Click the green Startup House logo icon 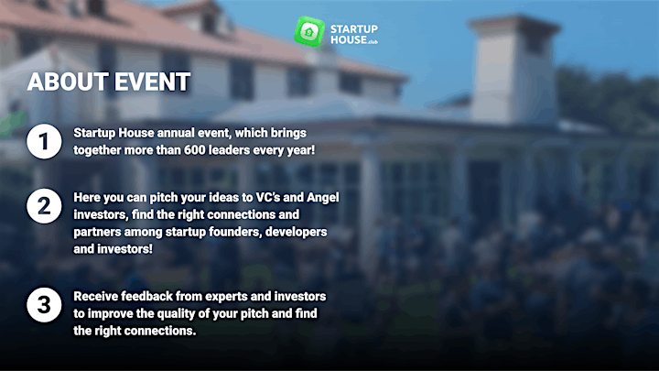click(309, 31)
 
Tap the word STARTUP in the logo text click(354, 29)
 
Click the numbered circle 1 click(44, 141)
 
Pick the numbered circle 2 click(44, 206)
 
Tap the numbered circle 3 click(44, 305)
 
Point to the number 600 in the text click(195, 150)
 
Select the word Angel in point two click(323, 198)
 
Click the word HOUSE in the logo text click(349, 40)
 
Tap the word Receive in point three click(95, 297)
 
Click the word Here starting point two click(87, 198)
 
